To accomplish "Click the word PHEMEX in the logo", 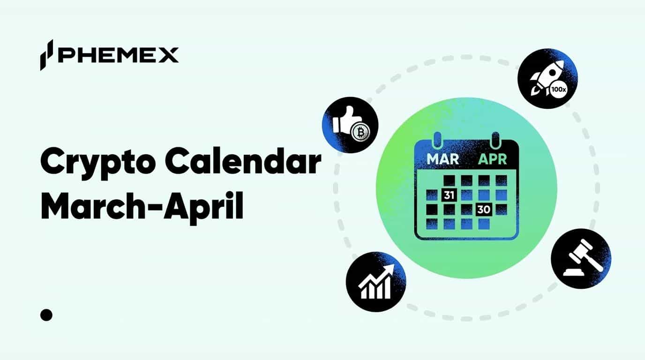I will [x=118, y=55].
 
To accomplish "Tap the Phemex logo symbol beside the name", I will [x=46, y=55].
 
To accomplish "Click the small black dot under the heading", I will [x=46, y=315].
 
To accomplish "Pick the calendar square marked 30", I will [x=483, y=210].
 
